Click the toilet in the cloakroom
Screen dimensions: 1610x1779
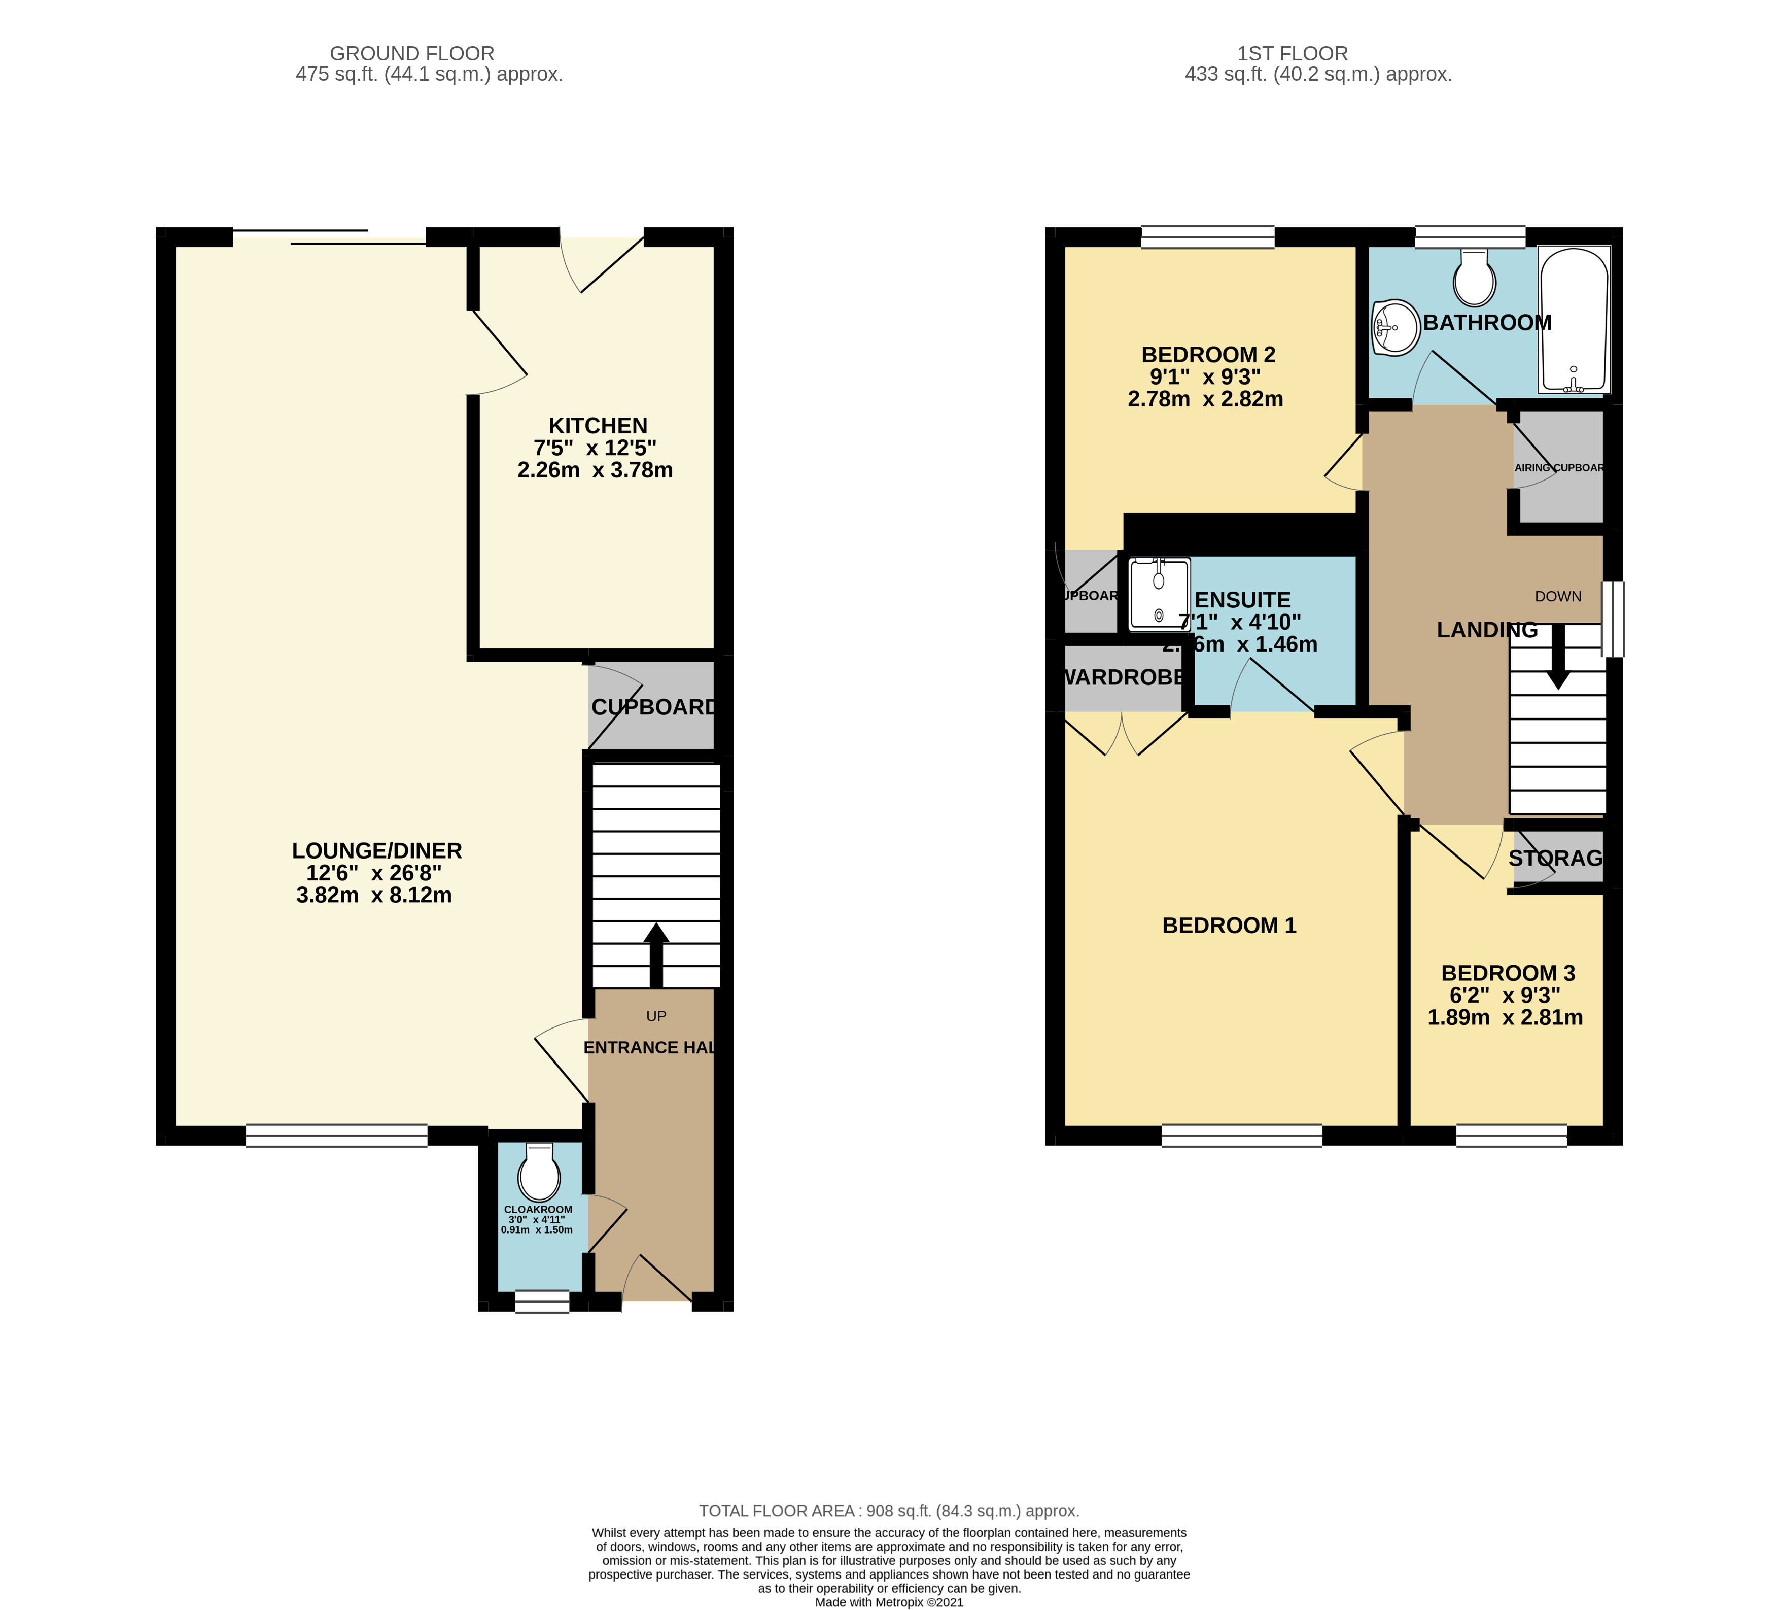coord(539,1171)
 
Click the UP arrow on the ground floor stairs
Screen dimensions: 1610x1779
coord(656,955)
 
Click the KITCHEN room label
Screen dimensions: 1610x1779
coord(598,425)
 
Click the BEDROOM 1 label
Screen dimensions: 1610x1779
coord(1229,925)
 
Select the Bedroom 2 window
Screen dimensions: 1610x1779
coord(1207,236)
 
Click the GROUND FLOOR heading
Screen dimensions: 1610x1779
coord(411,54)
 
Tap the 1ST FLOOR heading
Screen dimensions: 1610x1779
coord(1292,54)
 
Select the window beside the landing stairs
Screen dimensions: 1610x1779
coord(1612,619)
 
